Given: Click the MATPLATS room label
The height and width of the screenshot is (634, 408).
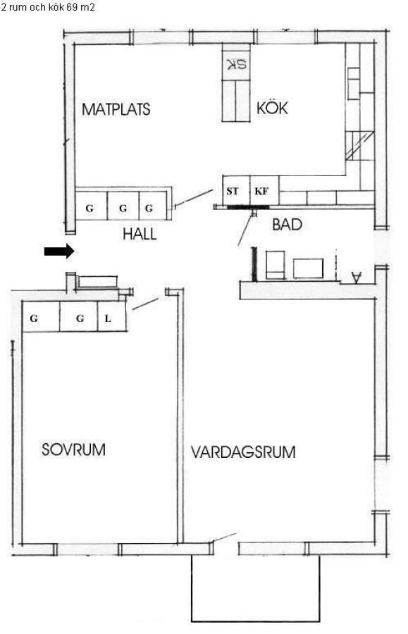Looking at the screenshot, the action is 116,109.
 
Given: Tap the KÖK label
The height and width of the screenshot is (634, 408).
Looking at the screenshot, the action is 272,108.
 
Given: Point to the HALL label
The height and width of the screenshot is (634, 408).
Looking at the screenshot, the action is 140,234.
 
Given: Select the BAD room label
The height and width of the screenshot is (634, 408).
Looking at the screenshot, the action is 287,225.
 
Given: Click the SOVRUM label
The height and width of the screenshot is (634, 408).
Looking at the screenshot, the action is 73,449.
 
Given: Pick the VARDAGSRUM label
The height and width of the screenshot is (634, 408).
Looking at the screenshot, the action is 243,452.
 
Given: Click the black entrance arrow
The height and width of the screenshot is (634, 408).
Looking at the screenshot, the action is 59,251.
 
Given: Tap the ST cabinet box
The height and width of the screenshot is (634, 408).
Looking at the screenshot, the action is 236,190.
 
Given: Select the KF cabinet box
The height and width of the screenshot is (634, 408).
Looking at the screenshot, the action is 264,190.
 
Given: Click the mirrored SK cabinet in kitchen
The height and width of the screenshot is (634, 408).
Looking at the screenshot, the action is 236,63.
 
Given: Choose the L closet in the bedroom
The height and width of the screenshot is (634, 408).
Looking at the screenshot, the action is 111,316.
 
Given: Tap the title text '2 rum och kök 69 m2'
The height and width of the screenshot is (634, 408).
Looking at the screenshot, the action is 48,7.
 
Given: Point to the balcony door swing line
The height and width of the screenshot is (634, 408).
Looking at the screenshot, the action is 223,537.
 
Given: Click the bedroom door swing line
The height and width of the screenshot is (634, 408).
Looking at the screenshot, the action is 145,304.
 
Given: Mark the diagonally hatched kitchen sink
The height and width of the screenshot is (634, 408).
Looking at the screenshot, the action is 359,146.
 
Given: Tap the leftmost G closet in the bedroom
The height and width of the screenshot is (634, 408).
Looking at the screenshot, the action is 41,316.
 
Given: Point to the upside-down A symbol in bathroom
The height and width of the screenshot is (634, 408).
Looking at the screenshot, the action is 357,278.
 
